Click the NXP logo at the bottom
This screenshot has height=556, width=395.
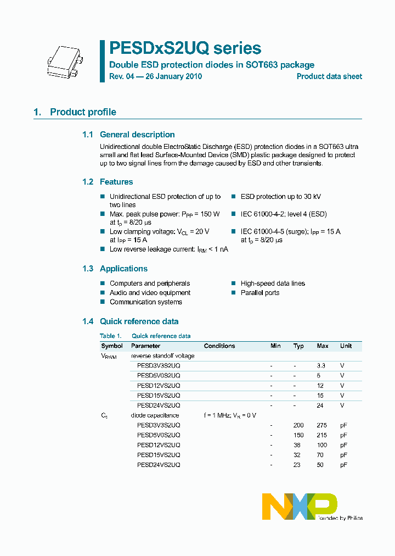[300, 506]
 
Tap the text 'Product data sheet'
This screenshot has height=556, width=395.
[329, 76]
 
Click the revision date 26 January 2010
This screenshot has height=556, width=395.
[173, 76]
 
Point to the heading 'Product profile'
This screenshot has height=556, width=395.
[83, 112]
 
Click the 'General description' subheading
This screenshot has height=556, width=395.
[137, 135]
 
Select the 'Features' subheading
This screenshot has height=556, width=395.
[116, 182]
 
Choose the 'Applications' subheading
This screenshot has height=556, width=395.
[123, 269]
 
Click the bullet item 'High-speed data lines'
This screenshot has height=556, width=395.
[273, 283]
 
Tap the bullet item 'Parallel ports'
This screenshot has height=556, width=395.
[260, 293]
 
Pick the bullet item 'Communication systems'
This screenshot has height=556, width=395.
[146, 302]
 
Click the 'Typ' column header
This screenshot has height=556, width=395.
[298, 346]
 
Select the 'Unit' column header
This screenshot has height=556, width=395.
[346, 346]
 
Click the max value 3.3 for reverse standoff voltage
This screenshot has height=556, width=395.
[321, 366]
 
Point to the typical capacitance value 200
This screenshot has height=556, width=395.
[298, 425]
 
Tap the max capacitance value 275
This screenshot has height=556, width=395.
[322, 425]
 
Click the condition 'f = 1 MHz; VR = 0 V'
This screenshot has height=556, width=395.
[230, 415]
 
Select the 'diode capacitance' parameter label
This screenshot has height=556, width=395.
[155, 415]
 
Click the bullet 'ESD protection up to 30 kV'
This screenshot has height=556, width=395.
[280, 197]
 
